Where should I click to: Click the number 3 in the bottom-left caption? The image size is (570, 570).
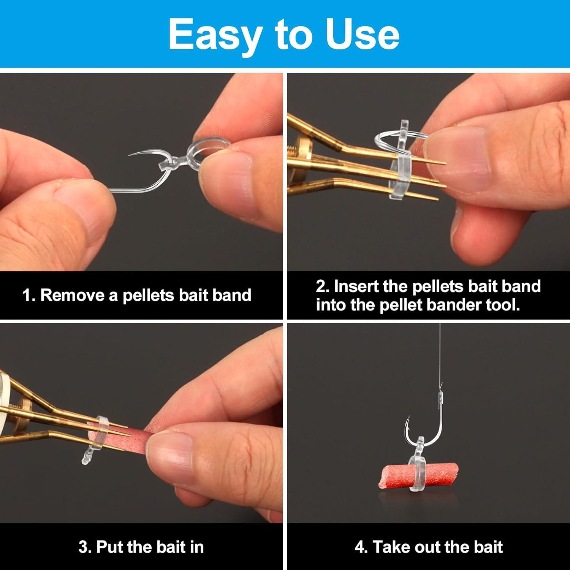pyautogui.click(x=83, y=547)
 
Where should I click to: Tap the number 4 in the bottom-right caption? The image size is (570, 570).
pyautogui.click(x=359, y=547)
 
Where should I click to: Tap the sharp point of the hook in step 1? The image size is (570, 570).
pyautogui.click(x=130, y=155)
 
